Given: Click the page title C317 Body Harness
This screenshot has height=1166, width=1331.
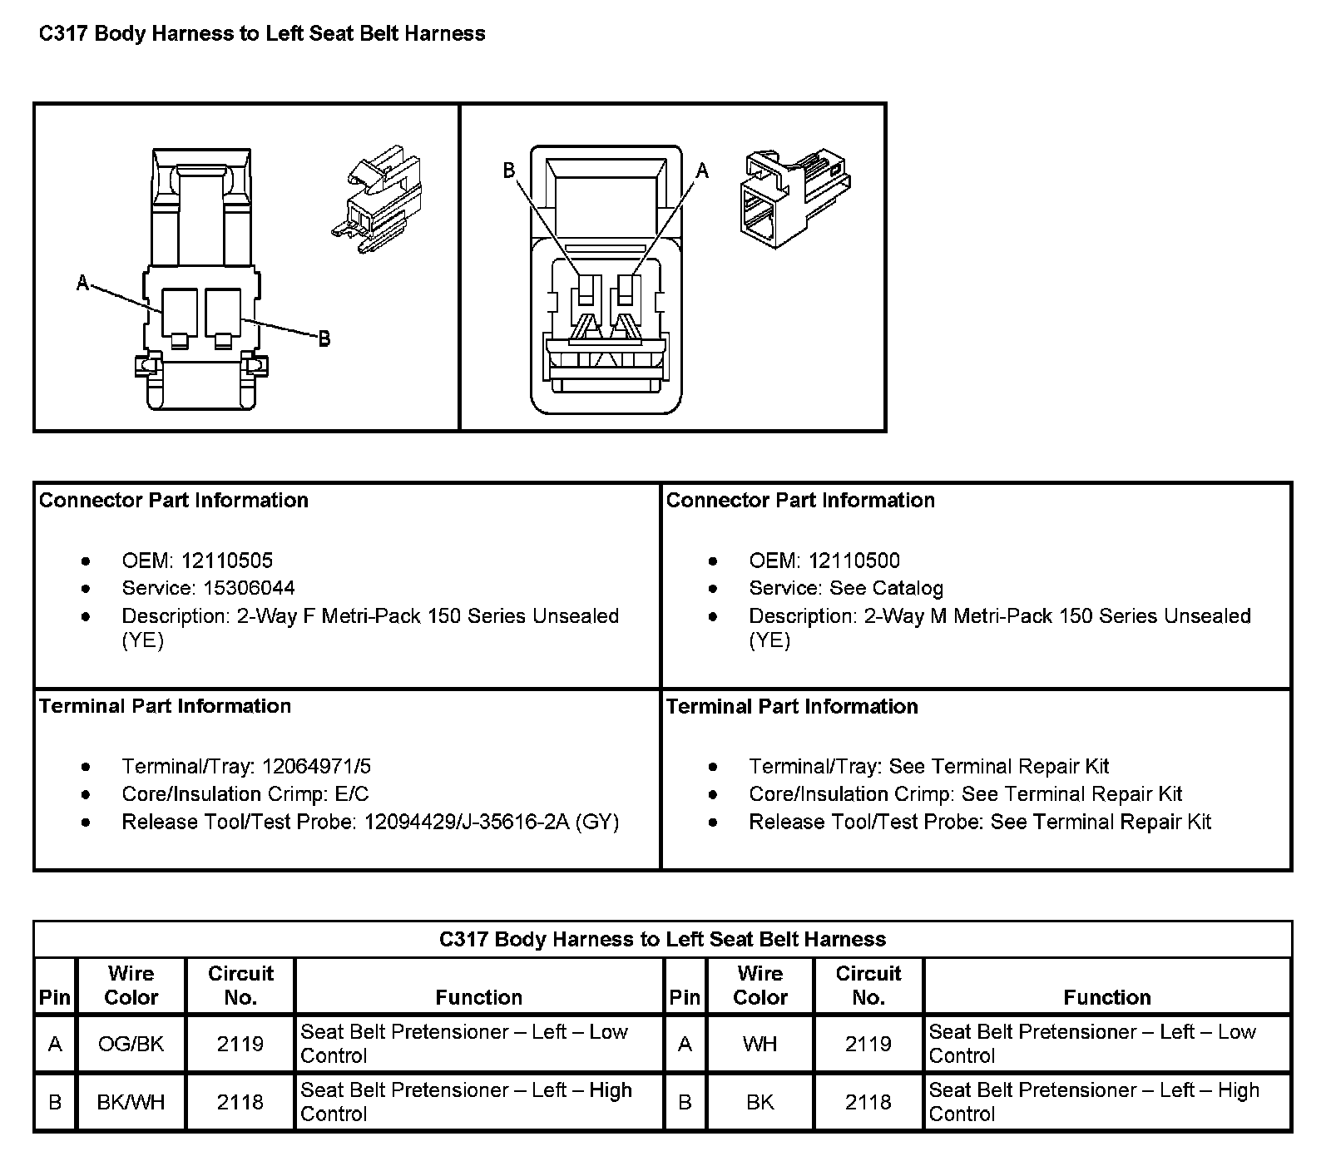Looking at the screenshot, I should (x=262, y=34).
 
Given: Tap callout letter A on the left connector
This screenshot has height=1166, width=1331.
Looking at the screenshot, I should (x=82, y=284).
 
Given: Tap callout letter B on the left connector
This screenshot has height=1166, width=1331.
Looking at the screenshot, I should (x=324, y=338).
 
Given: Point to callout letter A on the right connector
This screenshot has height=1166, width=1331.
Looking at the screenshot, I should (x=702, y=171).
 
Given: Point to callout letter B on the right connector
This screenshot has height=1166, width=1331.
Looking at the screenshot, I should (x=509, y=171).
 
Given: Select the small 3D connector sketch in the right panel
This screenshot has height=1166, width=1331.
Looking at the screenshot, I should (x=794, y=197).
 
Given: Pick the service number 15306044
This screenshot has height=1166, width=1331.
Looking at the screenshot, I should (x=249, y=588).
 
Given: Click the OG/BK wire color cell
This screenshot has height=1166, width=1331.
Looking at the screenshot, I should (x=131, y=1044).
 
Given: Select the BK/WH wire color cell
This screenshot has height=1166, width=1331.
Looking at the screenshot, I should (x=131, y=1102).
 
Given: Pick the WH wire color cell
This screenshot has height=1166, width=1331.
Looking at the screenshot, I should (x=760, y=1044).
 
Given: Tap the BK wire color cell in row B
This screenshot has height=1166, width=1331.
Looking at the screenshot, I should (x=760, y=1102).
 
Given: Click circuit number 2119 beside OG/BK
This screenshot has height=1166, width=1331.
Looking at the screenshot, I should (x=240, y=1044).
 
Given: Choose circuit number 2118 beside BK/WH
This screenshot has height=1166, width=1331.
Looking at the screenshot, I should (x=240, y=1102).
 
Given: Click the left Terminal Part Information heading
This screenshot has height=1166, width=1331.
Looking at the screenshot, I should (x=166, y=706).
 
